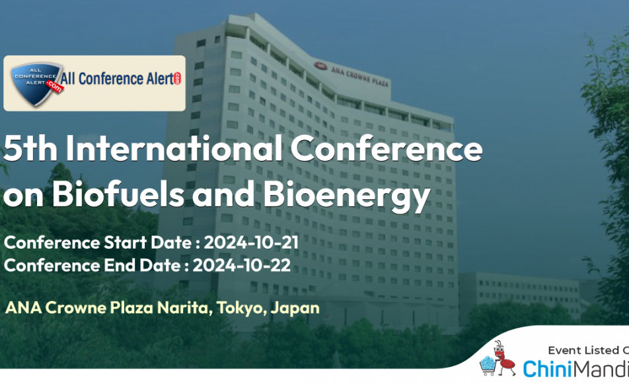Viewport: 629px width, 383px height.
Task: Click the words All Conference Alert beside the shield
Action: tap(118, 79)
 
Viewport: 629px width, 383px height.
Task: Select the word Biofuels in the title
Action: tap(118, 194)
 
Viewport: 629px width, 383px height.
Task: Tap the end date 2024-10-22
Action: tap(242, 265)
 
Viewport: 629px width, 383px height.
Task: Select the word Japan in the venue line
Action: tap(295, 308)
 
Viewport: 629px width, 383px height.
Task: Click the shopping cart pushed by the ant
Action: tap(488, 366)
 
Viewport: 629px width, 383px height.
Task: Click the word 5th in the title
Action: tap(30, 148)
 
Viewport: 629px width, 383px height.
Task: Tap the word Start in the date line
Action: tap(125, 243)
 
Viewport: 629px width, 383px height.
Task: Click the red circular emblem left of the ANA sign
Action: tap(320, 66)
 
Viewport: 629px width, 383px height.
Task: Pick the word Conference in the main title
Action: tap(387, 148)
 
